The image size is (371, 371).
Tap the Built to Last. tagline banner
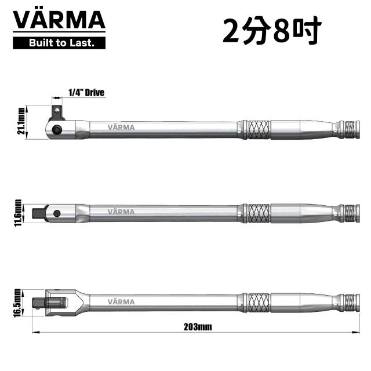coord(59,43)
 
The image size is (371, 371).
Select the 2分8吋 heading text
coord(272,31)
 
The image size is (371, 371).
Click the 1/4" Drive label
coord(86,93)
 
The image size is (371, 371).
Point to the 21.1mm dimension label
coord(21,121)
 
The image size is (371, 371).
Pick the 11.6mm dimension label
coord(18,213)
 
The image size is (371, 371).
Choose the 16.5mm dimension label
coord(17,303)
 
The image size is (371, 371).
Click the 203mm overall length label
coord(198,327)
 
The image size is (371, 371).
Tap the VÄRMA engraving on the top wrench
coord(121,128)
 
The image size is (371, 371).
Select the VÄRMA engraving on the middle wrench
coord(121,212)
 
